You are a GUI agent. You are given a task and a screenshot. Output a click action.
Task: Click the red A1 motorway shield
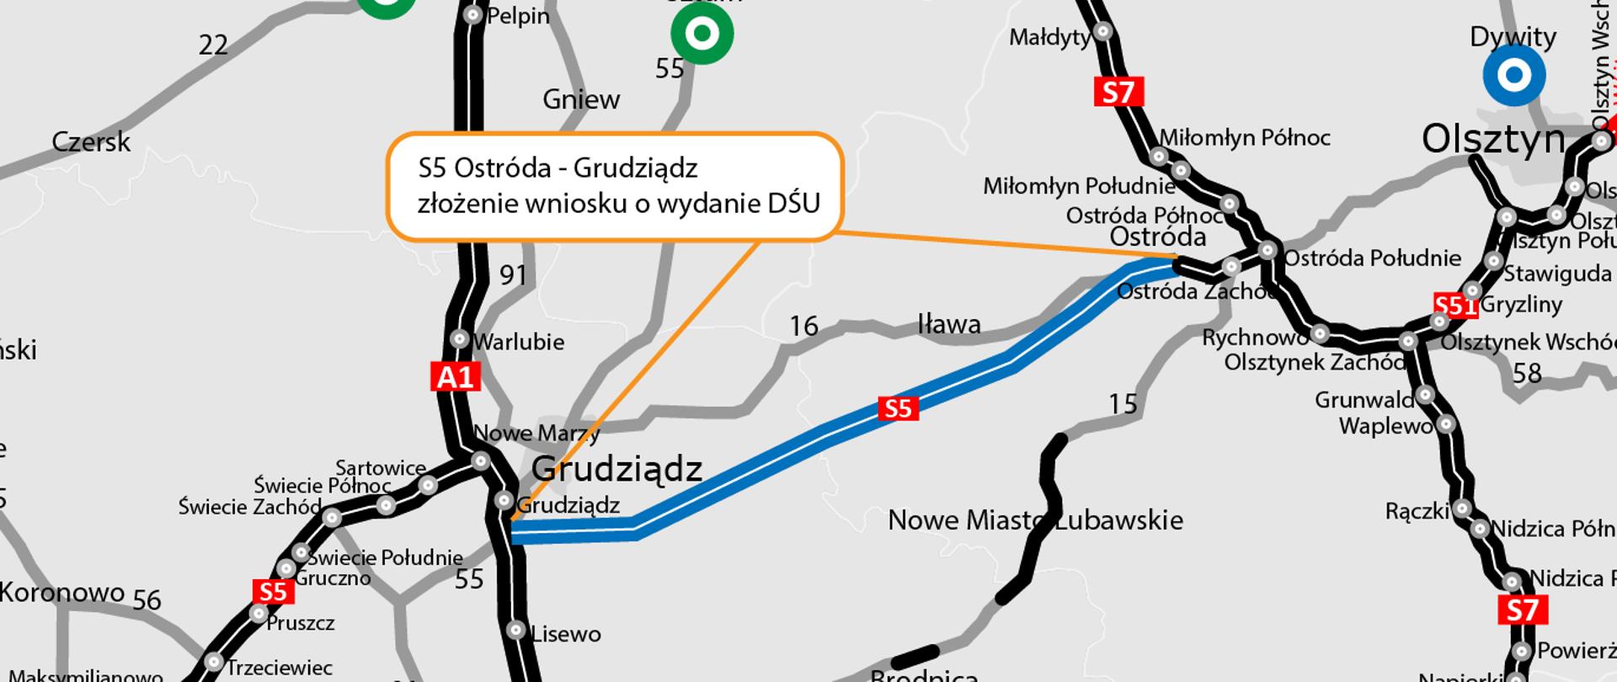tap(456, 376)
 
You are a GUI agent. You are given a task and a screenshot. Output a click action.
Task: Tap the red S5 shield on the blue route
tap(897, 408)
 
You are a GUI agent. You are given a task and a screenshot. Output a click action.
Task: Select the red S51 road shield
tap(1454, 305)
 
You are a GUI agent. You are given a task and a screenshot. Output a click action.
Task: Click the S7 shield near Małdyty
tap(1118, 91)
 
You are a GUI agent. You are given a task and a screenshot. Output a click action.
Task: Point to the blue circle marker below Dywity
tap(1513, 76)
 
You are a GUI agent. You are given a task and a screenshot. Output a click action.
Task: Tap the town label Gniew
tap(581, 99)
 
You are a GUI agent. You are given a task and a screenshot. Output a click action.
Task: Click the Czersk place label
tap(91, 141)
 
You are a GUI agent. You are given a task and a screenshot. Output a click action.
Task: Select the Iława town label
tap(948, 324)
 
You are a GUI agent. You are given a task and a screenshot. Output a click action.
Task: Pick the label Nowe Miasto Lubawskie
tap(1035, 519)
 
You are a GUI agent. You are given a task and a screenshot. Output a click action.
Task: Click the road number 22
tap(213, 45)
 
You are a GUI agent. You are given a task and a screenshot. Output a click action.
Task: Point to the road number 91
tap(513, 274)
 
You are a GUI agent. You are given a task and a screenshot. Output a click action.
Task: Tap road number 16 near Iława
tap(803, 326)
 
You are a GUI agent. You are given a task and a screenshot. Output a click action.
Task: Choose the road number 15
tap(1123, 404)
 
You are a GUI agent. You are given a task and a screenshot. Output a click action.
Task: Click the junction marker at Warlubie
tap(460, 338)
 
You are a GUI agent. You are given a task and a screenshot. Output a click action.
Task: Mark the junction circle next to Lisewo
tap(516, 630)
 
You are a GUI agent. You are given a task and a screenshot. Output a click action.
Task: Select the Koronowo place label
tap(62, 592)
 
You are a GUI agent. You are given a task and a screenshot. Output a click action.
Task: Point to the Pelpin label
tap(518, 16)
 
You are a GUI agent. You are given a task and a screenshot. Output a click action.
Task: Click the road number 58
tap(1526, 372)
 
